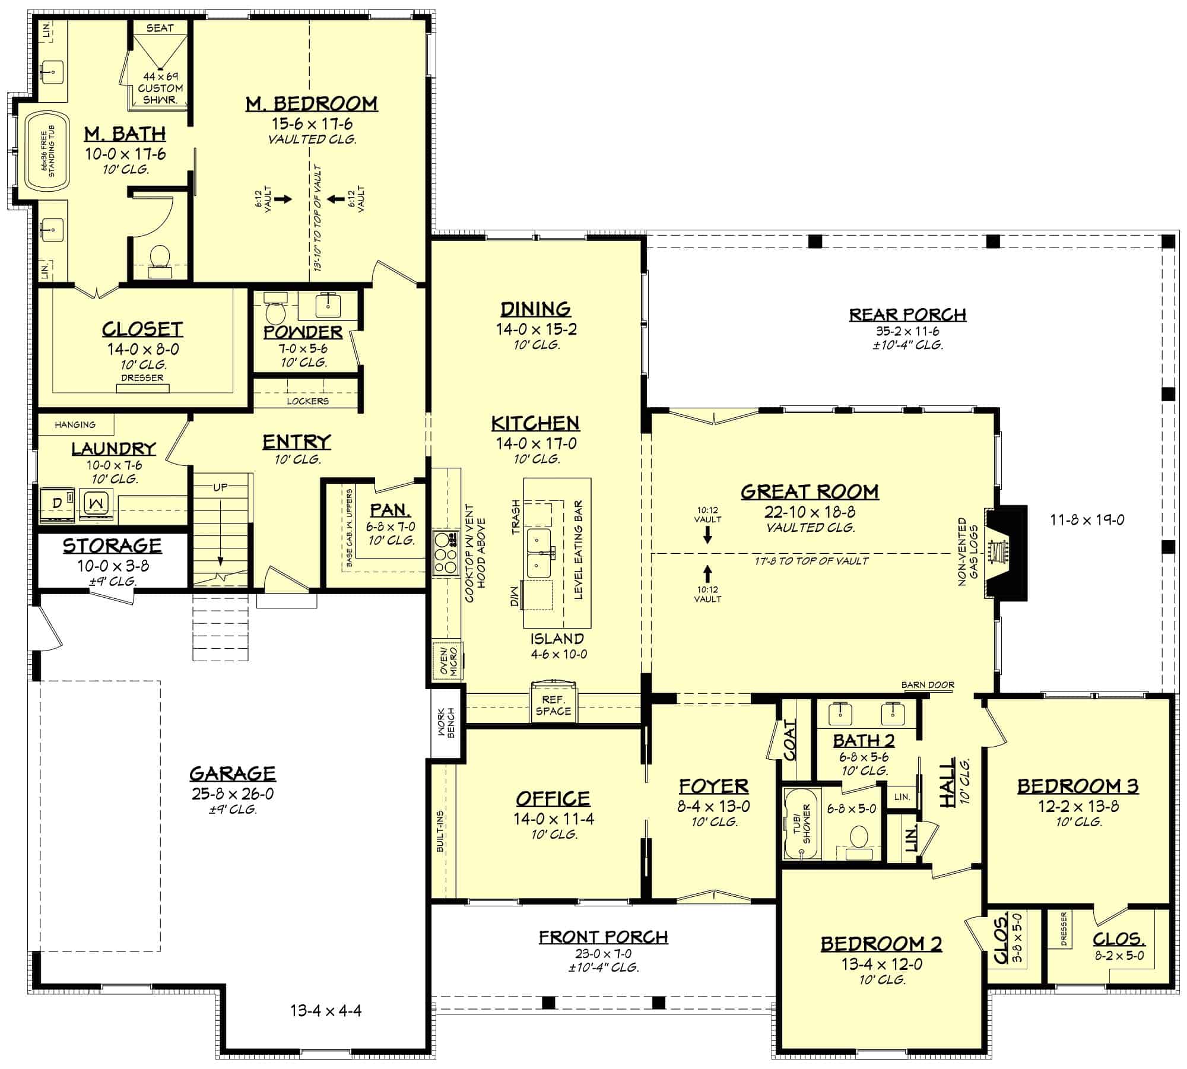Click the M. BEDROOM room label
(312, 103)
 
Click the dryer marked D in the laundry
(58, 503)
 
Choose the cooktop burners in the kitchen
(445, 552)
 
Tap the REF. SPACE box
(553, 705)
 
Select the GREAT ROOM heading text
(810, 491)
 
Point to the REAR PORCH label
(907, 314)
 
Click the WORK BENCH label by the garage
(446, 722)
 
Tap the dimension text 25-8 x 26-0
(233, 794)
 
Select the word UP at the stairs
(220, 487)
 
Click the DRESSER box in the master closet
(142, 388)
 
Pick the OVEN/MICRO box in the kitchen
(448, 661)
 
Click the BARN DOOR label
(928, 685)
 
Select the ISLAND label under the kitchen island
(557, 639)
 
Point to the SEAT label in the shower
(160, 28)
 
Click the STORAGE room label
(113, 545)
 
